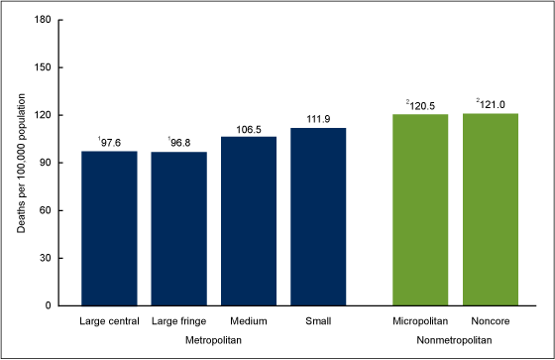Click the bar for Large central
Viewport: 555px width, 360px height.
109,228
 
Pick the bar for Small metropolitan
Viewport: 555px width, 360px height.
318,216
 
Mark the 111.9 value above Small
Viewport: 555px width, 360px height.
318,120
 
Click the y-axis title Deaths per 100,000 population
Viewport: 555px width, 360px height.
23,164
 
